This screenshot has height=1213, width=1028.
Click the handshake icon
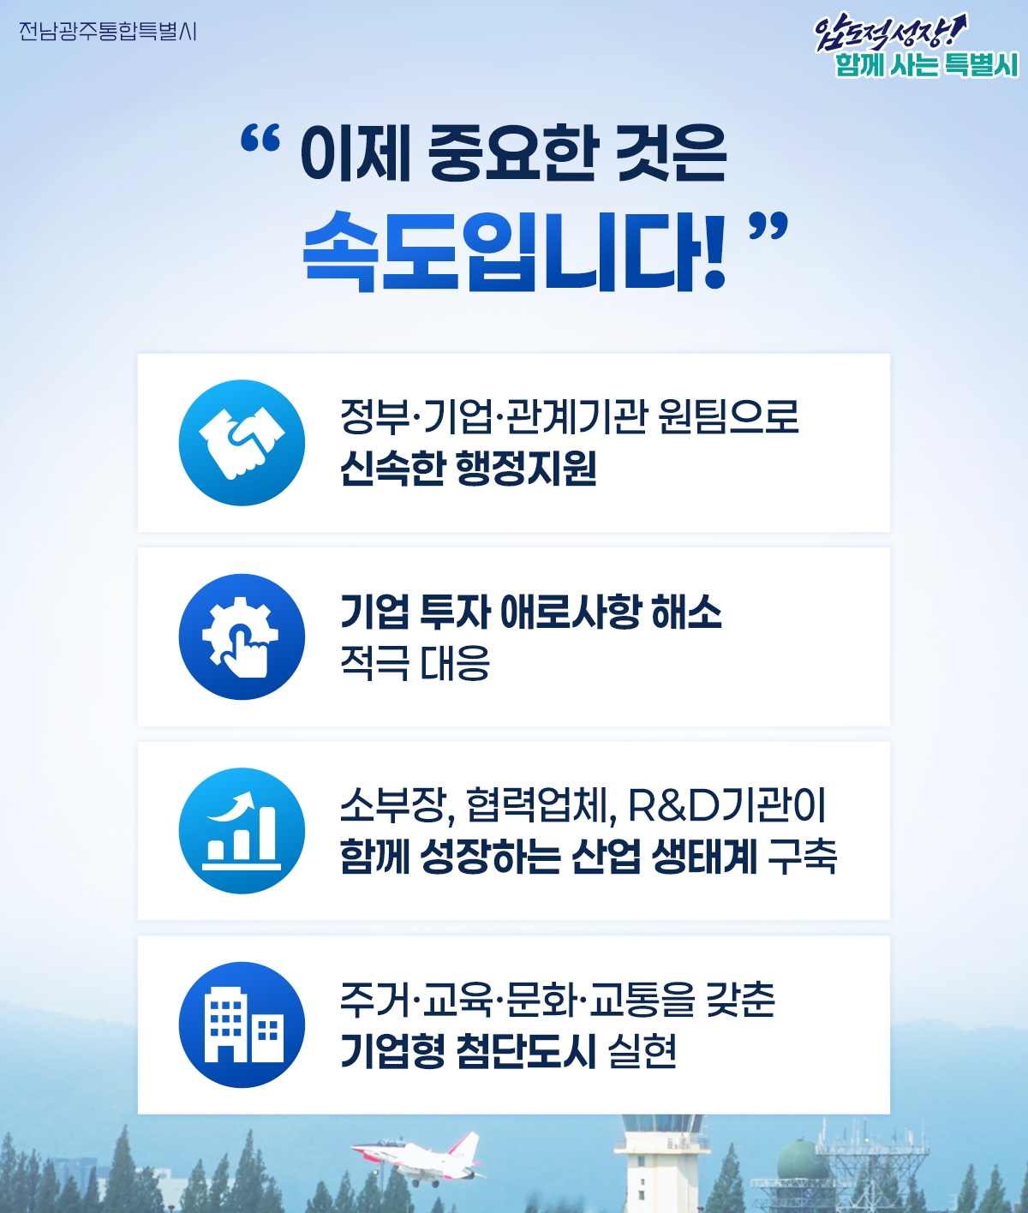pyautogui.click(x=242, y=443)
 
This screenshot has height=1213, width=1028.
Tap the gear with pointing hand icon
pyautogui.click(x=242, y=636)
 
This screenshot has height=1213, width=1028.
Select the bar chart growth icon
pyautogui.click(x=242, y=831)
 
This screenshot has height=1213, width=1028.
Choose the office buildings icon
pyautogui.click(x=242, y=1025)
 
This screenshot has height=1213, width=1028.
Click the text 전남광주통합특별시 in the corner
pyautogui.click(x=108, y=31)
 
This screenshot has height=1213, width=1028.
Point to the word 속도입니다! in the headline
pyautogui.click(x=515, y=251)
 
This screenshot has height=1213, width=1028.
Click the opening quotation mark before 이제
pyautogui.click(x=260, y=139)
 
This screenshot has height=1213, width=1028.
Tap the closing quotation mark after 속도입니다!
pyautogui.click(x=768, y=226)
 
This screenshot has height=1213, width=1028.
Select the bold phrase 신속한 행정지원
pyautogui.click(x=469, y=469)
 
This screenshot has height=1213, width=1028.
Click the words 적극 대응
pyautogui.click(x=415, y=663)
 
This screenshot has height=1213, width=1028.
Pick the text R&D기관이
pyautogui.click(x=727, y=806)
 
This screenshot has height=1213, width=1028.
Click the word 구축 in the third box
pyautogui.click(x=802, y=857)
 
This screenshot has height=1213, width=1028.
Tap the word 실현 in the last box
pyautogui.click(x=642, y=1050)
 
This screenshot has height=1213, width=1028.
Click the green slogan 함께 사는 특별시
pyautogui.click(x=927, y=65)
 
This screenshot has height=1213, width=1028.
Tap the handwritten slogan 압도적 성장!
pyautogui.click(x=890, y=32)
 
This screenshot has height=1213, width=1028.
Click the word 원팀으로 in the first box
pyautogui.click(x=729, y=416)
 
